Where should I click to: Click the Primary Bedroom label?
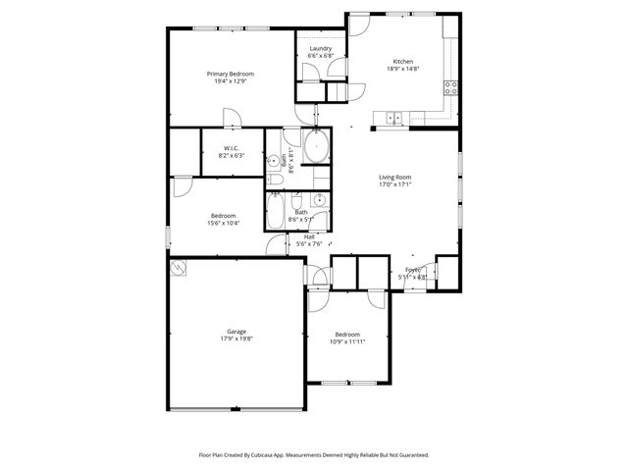pyautogui.click(x=231, y=75)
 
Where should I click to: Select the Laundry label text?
pyautogui.click(x=320, y=48)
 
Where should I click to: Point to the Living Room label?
pyautogui.click(x=394, y=177)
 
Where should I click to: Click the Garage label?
pyautogui.click(x=233, y=333)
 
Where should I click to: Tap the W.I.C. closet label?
pyautogui.click(x=232, y=147)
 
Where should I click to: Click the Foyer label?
pyautogui.click(x=413, y=269)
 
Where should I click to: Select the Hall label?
pyautogui.click(x=309, y=236)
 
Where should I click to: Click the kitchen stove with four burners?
pyautogui.click(x=451, y=86)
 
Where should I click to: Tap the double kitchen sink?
pyautogui.click(x=393, y=119)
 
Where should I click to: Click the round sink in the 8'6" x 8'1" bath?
pyautogui.click(x=273, y=162)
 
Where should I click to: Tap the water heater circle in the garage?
pyautogui.click(x=179, y=267)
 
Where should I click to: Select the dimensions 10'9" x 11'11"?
pyautogui.click(x=347, y=340)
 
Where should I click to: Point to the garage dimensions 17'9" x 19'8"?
pyautogui.click(x=233, y=340)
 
